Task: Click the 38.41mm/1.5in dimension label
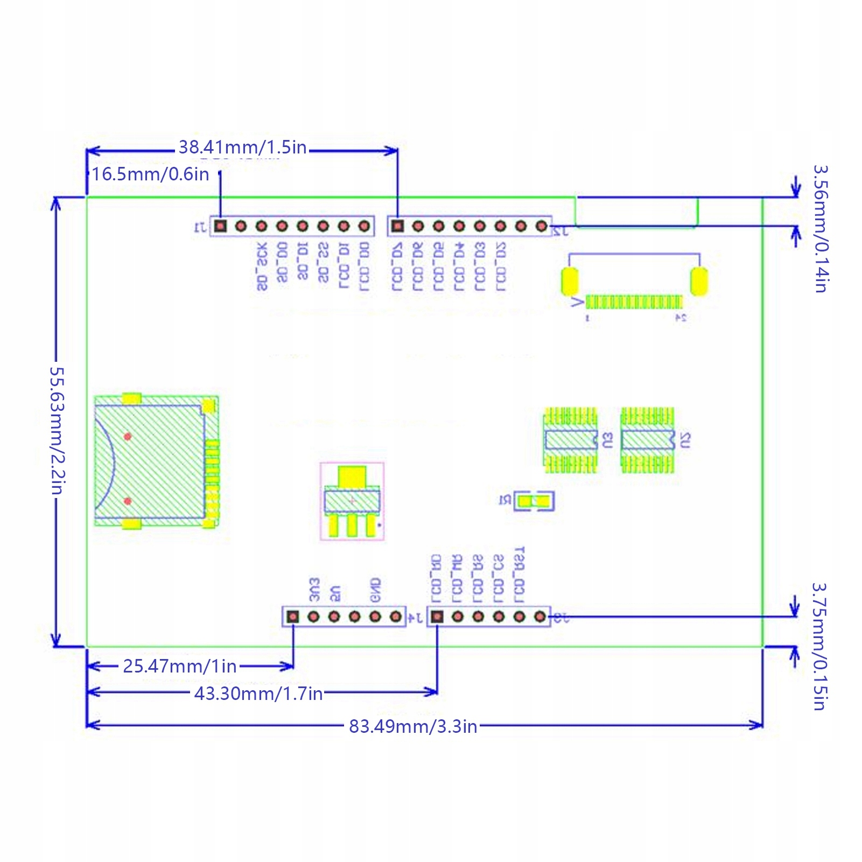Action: coord(242,147)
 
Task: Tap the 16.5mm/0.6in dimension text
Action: coord(150,174)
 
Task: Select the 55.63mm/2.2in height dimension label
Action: coord(57,430)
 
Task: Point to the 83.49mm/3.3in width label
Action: coord(413,726)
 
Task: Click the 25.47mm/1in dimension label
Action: coord(180,667)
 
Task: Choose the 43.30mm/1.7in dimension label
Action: coord(258,693)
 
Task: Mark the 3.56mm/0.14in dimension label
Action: coord(820,229)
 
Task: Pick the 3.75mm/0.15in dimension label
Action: coord(819,647)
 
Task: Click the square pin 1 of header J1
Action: coord(220,226)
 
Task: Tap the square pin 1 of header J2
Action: coord(397,226)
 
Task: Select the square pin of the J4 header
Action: coord(293,616)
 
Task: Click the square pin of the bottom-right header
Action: coord(437,616)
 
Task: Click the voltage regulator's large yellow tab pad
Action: coord(352,476)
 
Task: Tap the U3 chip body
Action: coord(570,440)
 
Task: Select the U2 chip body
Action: coord(647,440)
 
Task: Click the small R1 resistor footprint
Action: coord(534,501)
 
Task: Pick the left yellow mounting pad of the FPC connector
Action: coord(570,281)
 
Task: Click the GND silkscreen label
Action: coord(376,590)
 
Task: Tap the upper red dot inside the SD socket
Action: coord(128,436)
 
